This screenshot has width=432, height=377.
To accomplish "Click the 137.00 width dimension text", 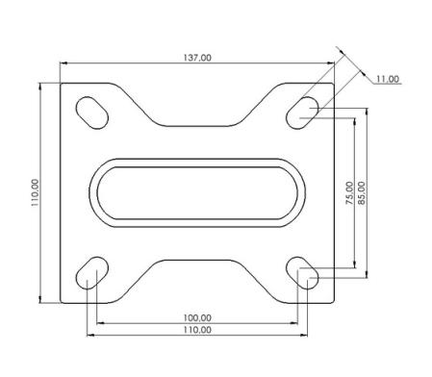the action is [x=197, y=58].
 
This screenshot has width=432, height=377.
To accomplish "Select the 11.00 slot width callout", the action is [x=388, y=79].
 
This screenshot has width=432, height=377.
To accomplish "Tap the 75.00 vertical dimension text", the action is [x=349, y=193].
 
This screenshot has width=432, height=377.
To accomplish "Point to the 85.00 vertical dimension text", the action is [x=361, y=193].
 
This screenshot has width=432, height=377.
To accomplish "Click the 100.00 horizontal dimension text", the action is [x=197, y=317].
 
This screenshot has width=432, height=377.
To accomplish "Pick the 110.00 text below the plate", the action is [x=197, y=330].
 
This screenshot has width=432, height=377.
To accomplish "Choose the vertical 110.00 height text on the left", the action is [x=35, y=192].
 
